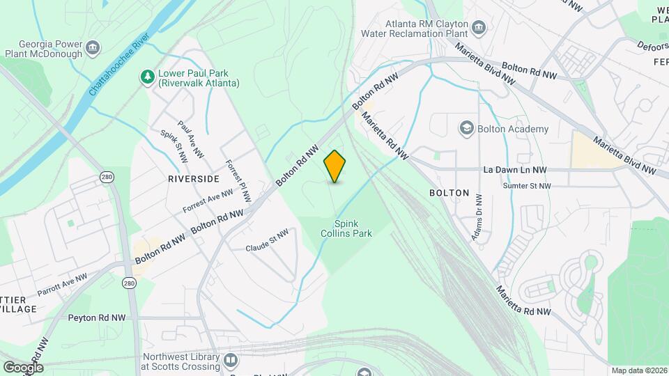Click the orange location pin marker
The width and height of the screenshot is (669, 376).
pos(335,166)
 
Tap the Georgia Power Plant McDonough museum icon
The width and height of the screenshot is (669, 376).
pos(93,48)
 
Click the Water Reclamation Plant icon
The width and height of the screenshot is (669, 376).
pos(478,27)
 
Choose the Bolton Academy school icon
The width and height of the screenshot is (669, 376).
pos(466,129)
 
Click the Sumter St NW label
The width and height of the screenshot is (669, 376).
pos(526,186)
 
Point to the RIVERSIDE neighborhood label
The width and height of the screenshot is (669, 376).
pos(193,179)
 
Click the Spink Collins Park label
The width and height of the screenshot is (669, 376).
pos(353,229)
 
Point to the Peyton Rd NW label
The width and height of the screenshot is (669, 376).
pos(96,318)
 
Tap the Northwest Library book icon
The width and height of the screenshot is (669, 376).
pos(231,360)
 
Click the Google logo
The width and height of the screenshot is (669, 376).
pos(22,367)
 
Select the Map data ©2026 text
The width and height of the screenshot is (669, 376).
pos(638,370)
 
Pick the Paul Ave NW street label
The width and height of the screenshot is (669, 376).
pos(190,139)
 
